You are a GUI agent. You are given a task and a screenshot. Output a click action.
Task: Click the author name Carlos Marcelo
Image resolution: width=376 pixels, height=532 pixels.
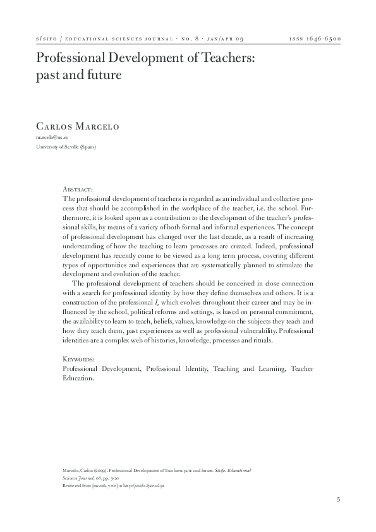point(78,127)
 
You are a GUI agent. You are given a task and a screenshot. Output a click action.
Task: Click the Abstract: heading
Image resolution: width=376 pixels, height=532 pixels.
point(78,189)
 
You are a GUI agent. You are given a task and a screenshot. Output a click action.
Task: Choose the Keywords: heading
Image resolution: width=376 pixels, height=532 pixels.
point(80,358)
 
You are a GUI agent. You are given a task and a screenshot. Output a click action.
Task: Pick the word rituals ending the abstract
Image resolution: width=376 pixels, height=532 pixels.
point(260,339)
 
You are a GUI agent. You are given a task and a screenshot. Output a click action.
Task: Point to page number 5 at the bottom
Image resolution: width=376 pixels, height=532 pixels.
point(339,500)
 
